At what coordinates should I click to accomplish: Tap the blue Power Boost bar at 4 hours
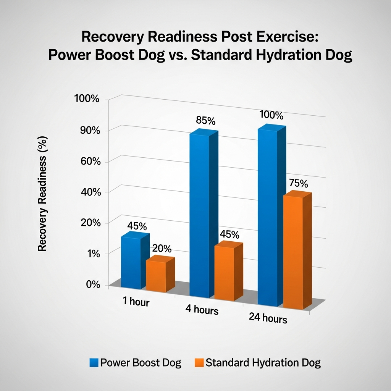click(199, 216)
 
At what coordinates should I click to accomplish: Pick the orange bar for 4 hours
click(224, 273)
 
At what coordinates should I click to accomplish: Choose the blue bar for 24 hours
click(268, 218)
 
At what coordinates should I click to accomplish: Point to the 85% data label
click(205, 121)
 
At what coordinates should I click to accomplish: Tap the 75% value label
click(298, 184)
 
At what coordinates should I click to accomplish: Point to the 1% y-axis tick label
click(92, 254)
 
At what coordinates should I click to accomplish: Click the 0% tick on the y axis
click(92, 285)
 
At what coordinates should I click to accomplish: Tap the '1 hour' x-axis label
click(136, 302)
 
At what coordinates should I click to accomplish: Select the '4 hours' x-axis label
click(202, 309)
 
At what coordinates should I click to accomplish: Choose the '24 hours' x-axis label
click(268, 318)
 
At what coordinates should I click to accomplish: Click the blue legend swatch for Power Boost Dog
click(94, 362)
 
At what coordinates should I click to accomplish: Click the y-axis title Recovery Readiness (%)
click(42, 194)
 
